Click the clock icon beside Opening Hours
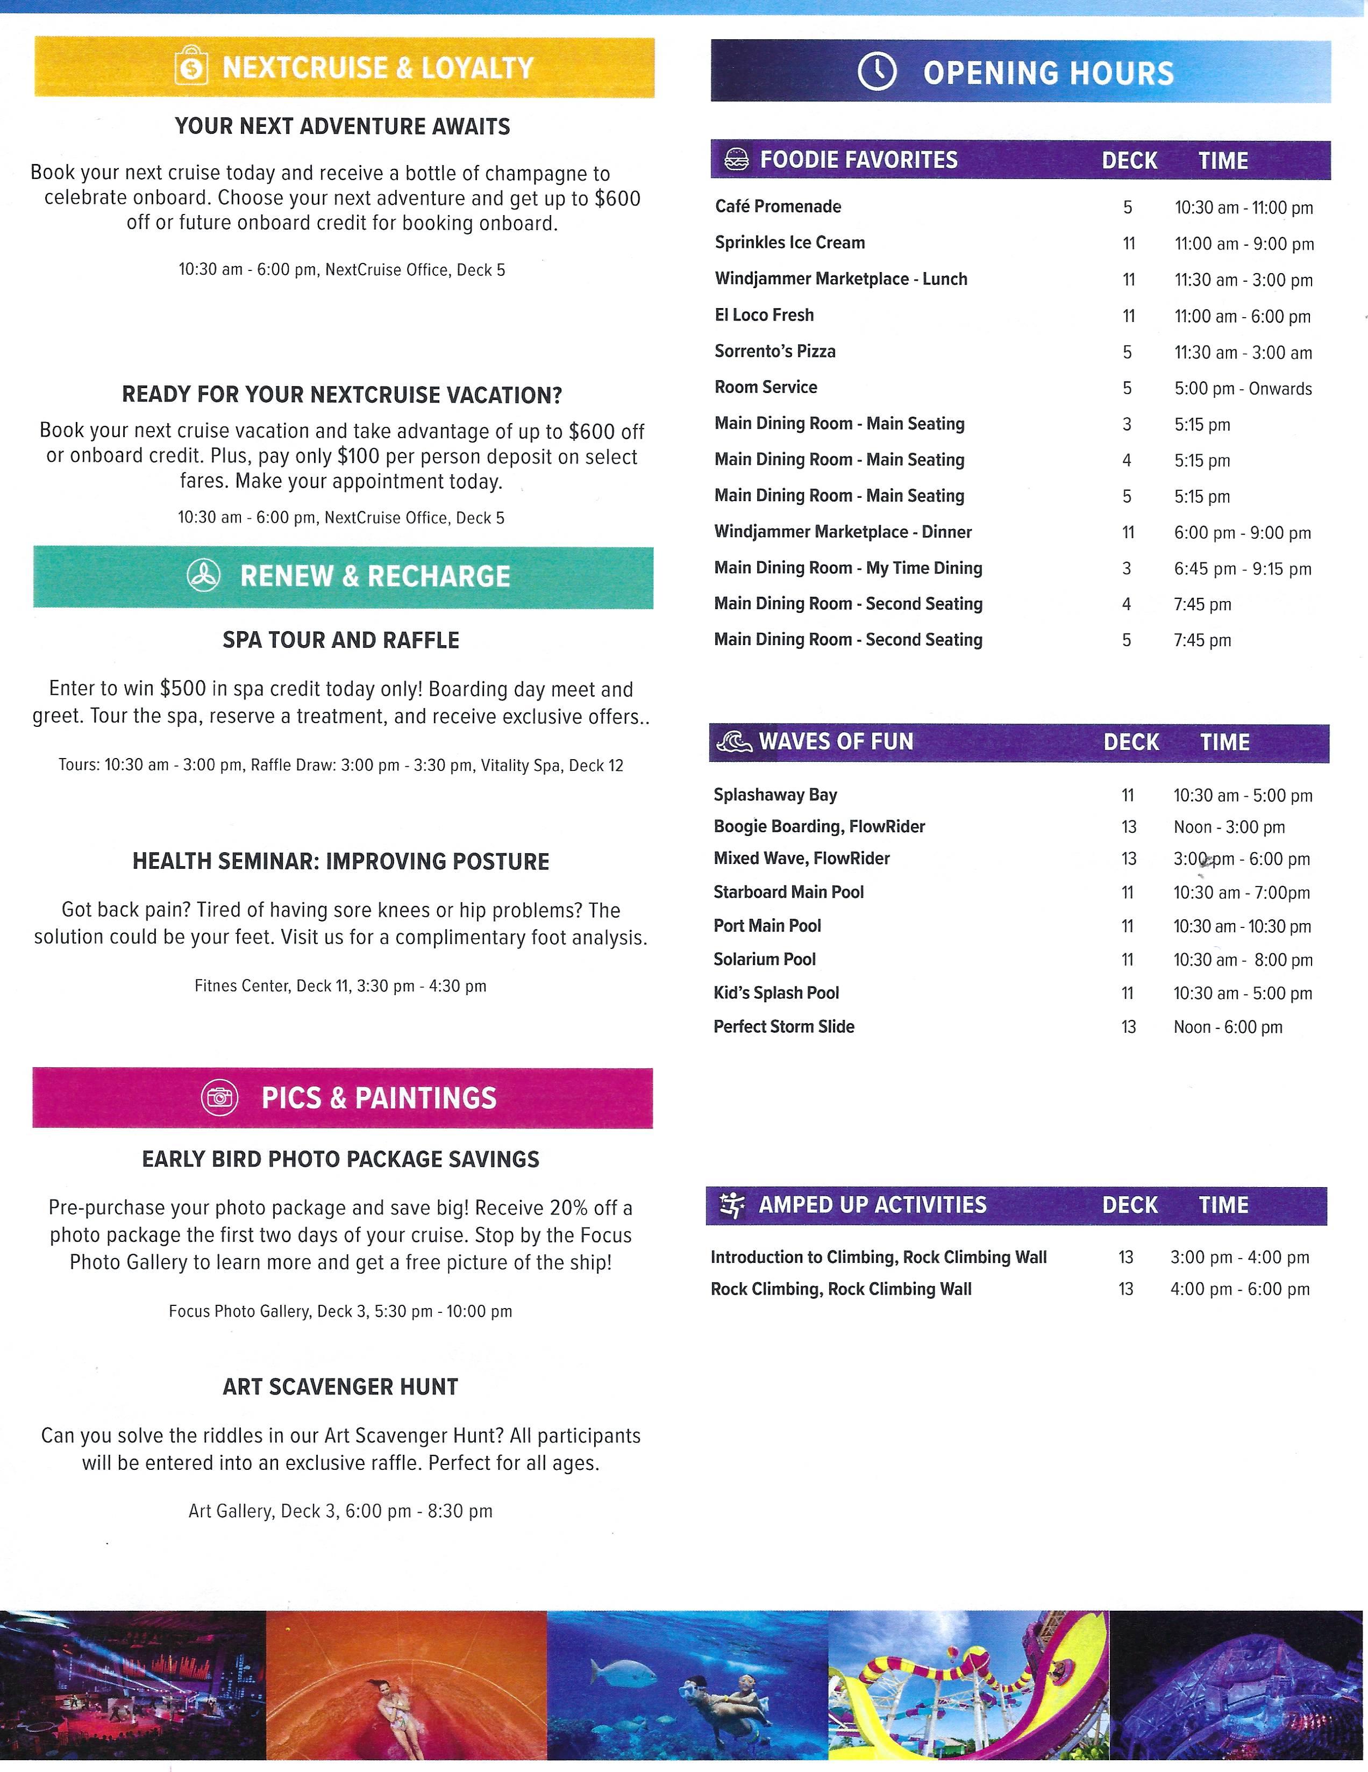point(877,72)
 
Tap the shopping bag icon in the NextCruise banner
point(191,67)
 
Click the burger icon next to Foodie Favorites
point(736,159)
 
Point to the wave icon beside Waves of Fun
point(733,741)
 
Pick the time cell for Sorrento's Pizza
point(1242,353)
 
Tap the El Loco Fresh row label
point(764,316)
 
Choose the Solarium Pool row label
point(764,960)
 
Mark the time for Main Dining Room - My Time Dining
point(1242,569)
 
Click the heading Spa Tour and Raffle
point(341,640)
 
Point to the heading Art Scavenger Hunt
point(341,1387)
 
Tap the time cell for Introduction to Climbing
point(1239,1257)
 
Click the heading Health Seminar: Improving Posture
point(341,862)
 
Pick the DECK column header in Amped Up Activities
point(1129,1205)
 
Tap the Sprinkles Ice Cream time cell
point(1243,244)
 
